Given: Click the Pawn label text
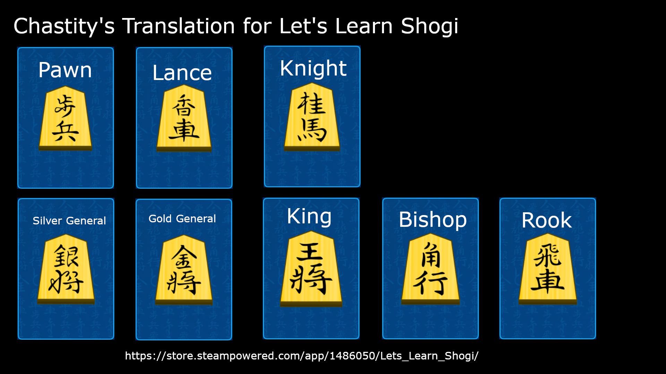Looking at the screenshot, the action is [65, 70].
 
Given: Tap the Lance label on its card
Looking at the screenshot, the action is [182, 73].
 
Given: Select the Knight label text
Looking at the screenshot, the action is [313, 69].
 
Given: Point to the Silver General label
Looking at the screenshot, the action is [69, 221].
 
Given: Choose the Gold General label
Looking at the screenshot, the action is [182, 219].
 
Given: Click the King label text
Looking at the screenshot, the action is [309, 217].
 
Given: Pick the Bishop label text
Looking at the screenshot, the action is [433, 220].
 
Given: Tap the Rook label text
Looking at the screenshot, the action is [547, 220].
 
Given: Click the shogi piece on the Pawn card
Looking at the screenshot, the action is [65, 118].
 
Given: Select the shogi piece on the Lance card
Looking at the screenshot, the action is [184, 118].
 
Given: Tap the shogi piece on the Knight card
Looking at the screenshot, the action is [312, 117].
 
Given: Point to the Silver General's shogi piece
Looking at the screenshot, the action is [66, 269].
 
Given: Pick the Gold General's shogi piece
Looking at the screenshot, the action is [184, 270].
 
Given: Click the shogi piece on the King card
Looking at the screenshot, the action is [311, 269].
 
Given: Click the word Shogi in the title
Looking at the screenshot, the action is [429, 26].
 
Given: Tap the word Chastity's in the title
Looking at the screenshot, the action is [64, 26].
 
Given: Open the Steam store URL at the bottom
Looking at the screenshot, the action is [302, 356].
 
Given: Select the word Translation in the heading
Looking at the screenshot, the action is [179, 26].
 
